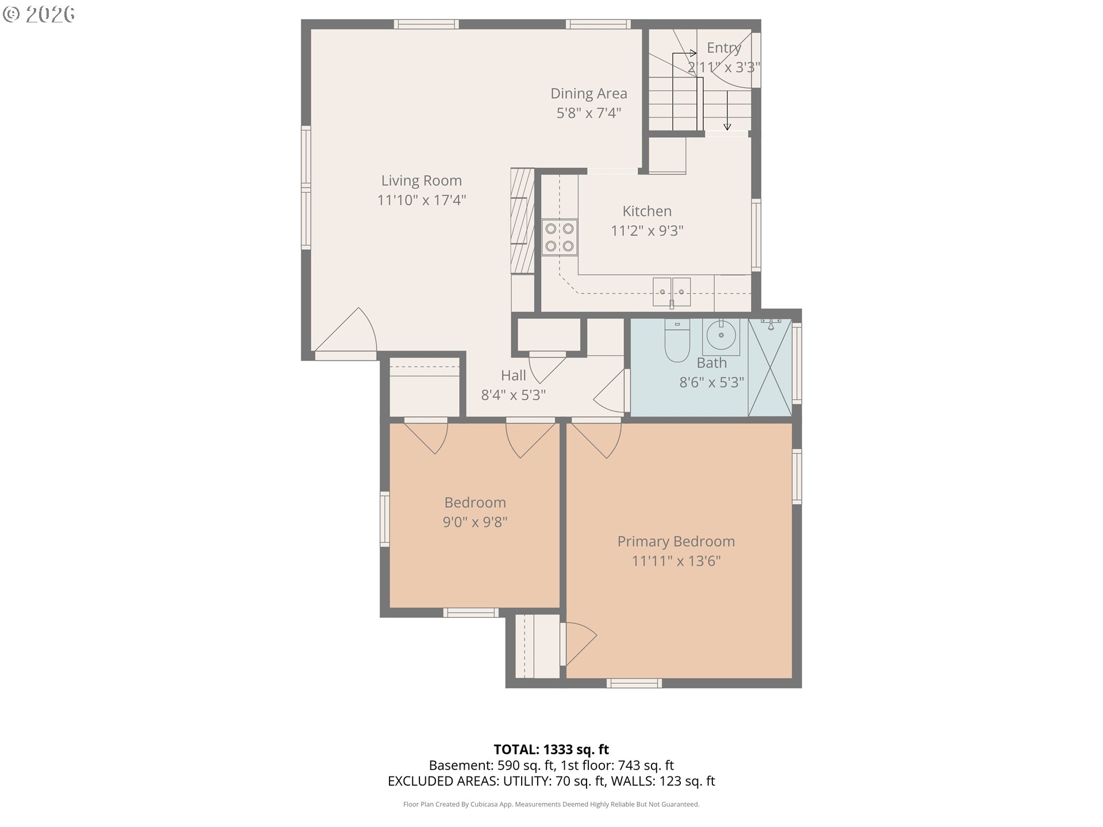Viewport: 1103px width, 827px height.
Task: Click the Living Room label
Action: (x=421, y=180)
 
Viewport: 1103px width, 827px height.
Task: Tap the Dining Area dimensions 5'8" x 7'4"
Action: (x=588, y=113)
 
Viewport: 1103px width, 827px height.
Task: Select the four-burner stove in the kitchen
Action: (x=560, y=237)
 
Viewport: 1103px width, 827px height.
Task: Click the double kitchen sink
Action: (x=672, y=292)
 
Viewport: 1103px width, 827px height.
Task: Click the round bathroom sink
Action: (x=721, y=335)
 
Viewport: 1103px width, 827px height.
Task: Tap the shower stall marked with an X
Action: (x=770, y=368)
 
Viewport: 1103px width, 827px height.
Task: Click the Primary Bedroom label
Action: (x=676, y=541)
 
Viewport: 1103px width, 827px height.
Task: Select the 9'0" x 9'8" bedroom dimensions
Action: (x=475, y=522)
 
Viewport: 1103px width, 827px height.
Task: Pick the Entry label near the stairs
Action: (x=723, y=48)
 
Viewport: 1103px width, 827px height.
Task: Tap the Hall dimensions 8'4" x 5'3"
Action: (x=513, y=395)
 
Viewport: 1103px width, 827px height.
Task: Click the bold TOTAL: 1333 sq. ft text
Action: (x=551, y=749)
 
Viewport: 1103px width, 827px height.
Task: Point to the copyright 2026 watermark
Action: (x=39, y=14)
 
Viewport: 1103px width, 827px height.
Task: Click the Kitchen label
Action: (x=646, y=211)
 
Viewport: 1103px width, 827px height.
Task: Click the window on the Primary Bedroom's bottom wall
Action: (x=634, y=683)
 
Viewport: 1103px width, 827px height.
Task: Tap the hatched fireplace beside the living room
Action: (x=522, y=221)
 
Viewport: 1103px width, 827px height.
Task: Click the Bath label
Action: (x=711, y=363)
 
